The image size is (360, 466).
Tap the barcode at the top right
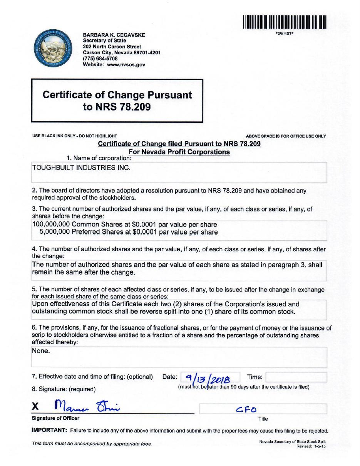point(285,22)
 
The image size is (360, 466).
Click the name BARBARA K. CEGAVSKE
point(114,35)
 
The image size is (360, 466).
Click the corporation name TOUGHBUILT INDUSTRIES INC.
point(81,168)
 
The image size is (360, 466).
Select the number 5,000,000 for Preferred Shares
point(55,232)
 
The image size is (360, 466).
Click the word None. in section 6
point(41,351)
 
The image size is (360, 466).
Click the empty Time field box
point(296,377)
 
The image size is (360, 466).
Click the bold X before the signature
point(35,406)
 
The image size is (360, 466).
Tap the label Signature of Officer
point(55,418)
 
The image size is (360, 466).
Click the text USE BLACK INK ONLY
point(53,136)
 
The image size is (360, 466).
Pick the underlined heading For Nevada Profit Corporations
point(179,152)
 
